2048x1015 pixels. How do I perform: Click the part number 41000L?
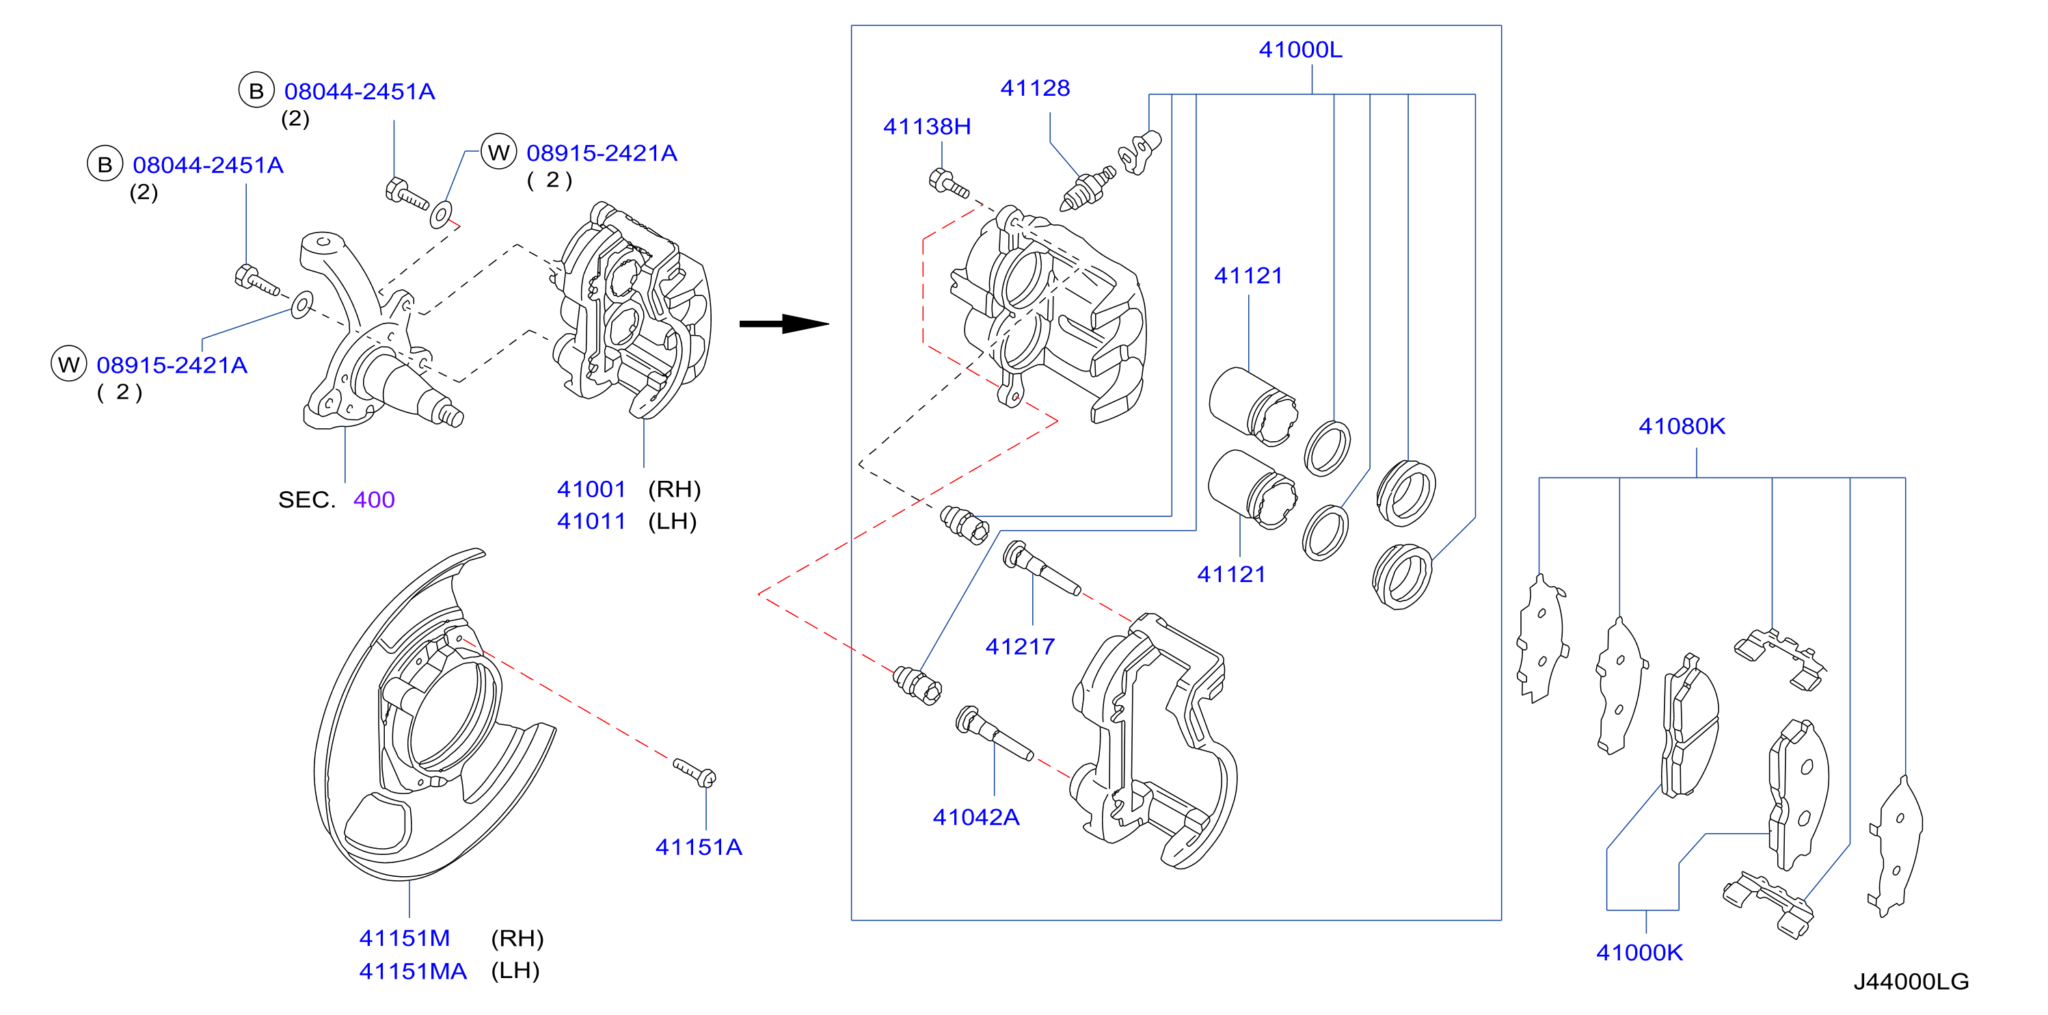(1300, 50)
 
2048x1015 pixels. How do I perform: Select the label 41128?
(1034, 88)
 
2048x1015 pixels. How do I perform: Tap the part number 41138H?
(927, 127)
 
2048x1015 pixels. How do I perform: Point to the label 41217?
(1020, 647)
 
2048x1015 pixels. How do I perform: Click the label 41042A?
(975, 817)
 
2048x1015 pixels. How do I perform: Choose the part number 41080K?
(1682, 426)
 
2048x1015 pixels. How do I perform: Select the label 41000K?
(1639, 952)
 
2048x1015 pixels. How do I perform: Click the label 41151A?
(698, 847)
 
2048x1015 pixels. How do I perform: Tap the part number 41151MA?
(413, 971)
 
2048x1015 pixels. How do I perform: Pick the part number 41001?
(591, 489)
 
